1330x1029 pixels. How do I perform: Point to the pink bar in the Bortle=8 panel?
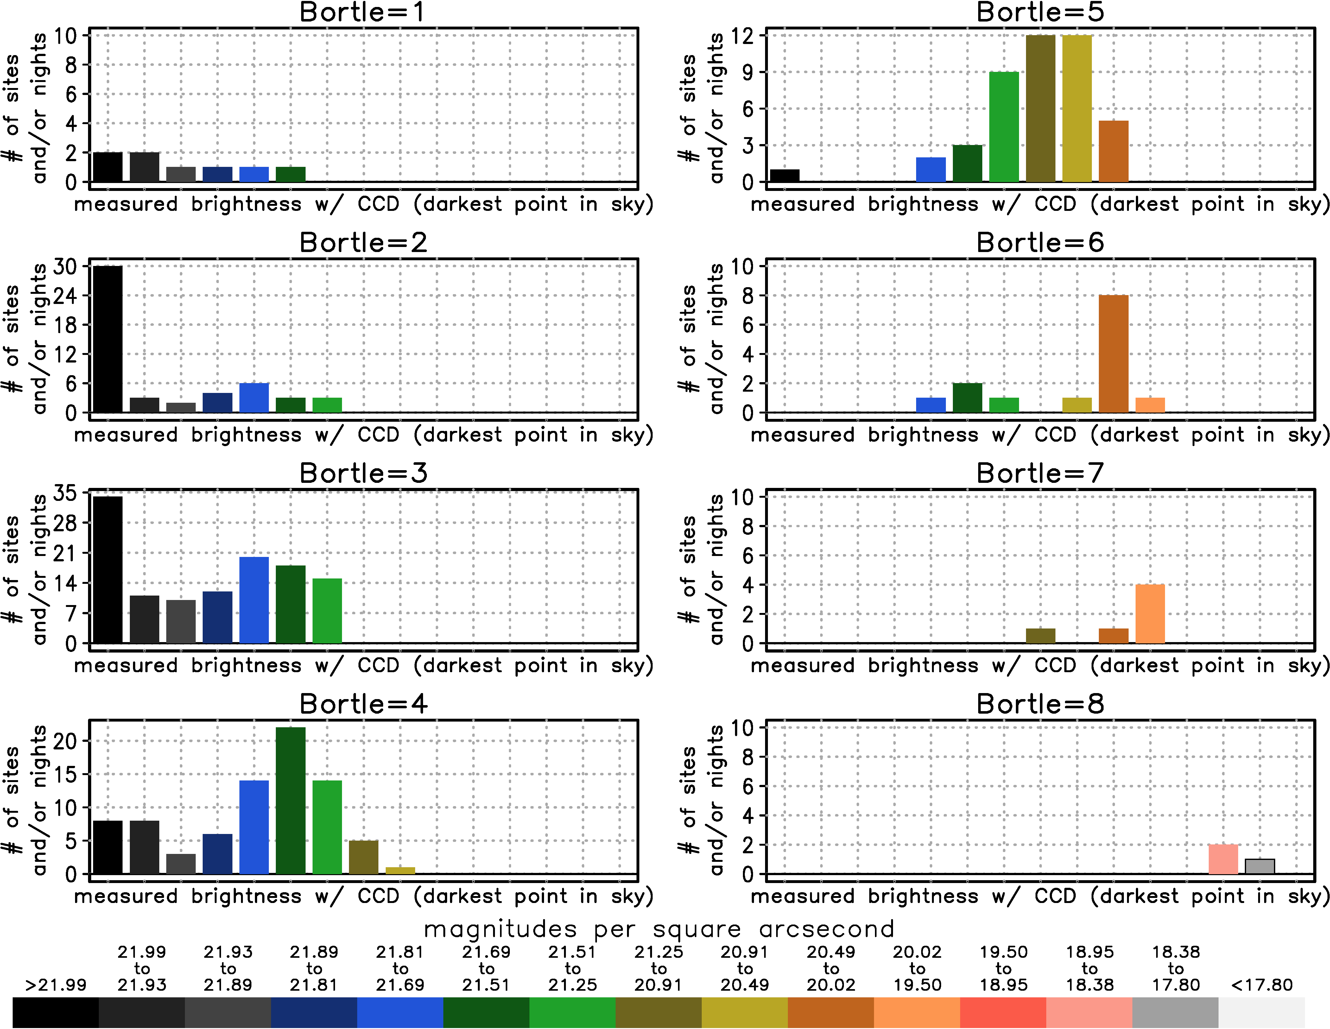pyautogui.click(x=1223, y=859)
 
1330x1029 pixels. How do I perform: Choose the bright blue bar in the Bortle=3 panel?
pyautogui.click(x=254, y=600)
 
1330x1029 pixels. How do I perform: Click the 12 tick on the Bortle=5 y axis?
pyautogui.click(x=742, y=35)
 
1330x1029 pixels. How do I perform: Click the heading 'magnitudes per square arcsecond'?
pyautogui.click(x=659, y=929)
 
